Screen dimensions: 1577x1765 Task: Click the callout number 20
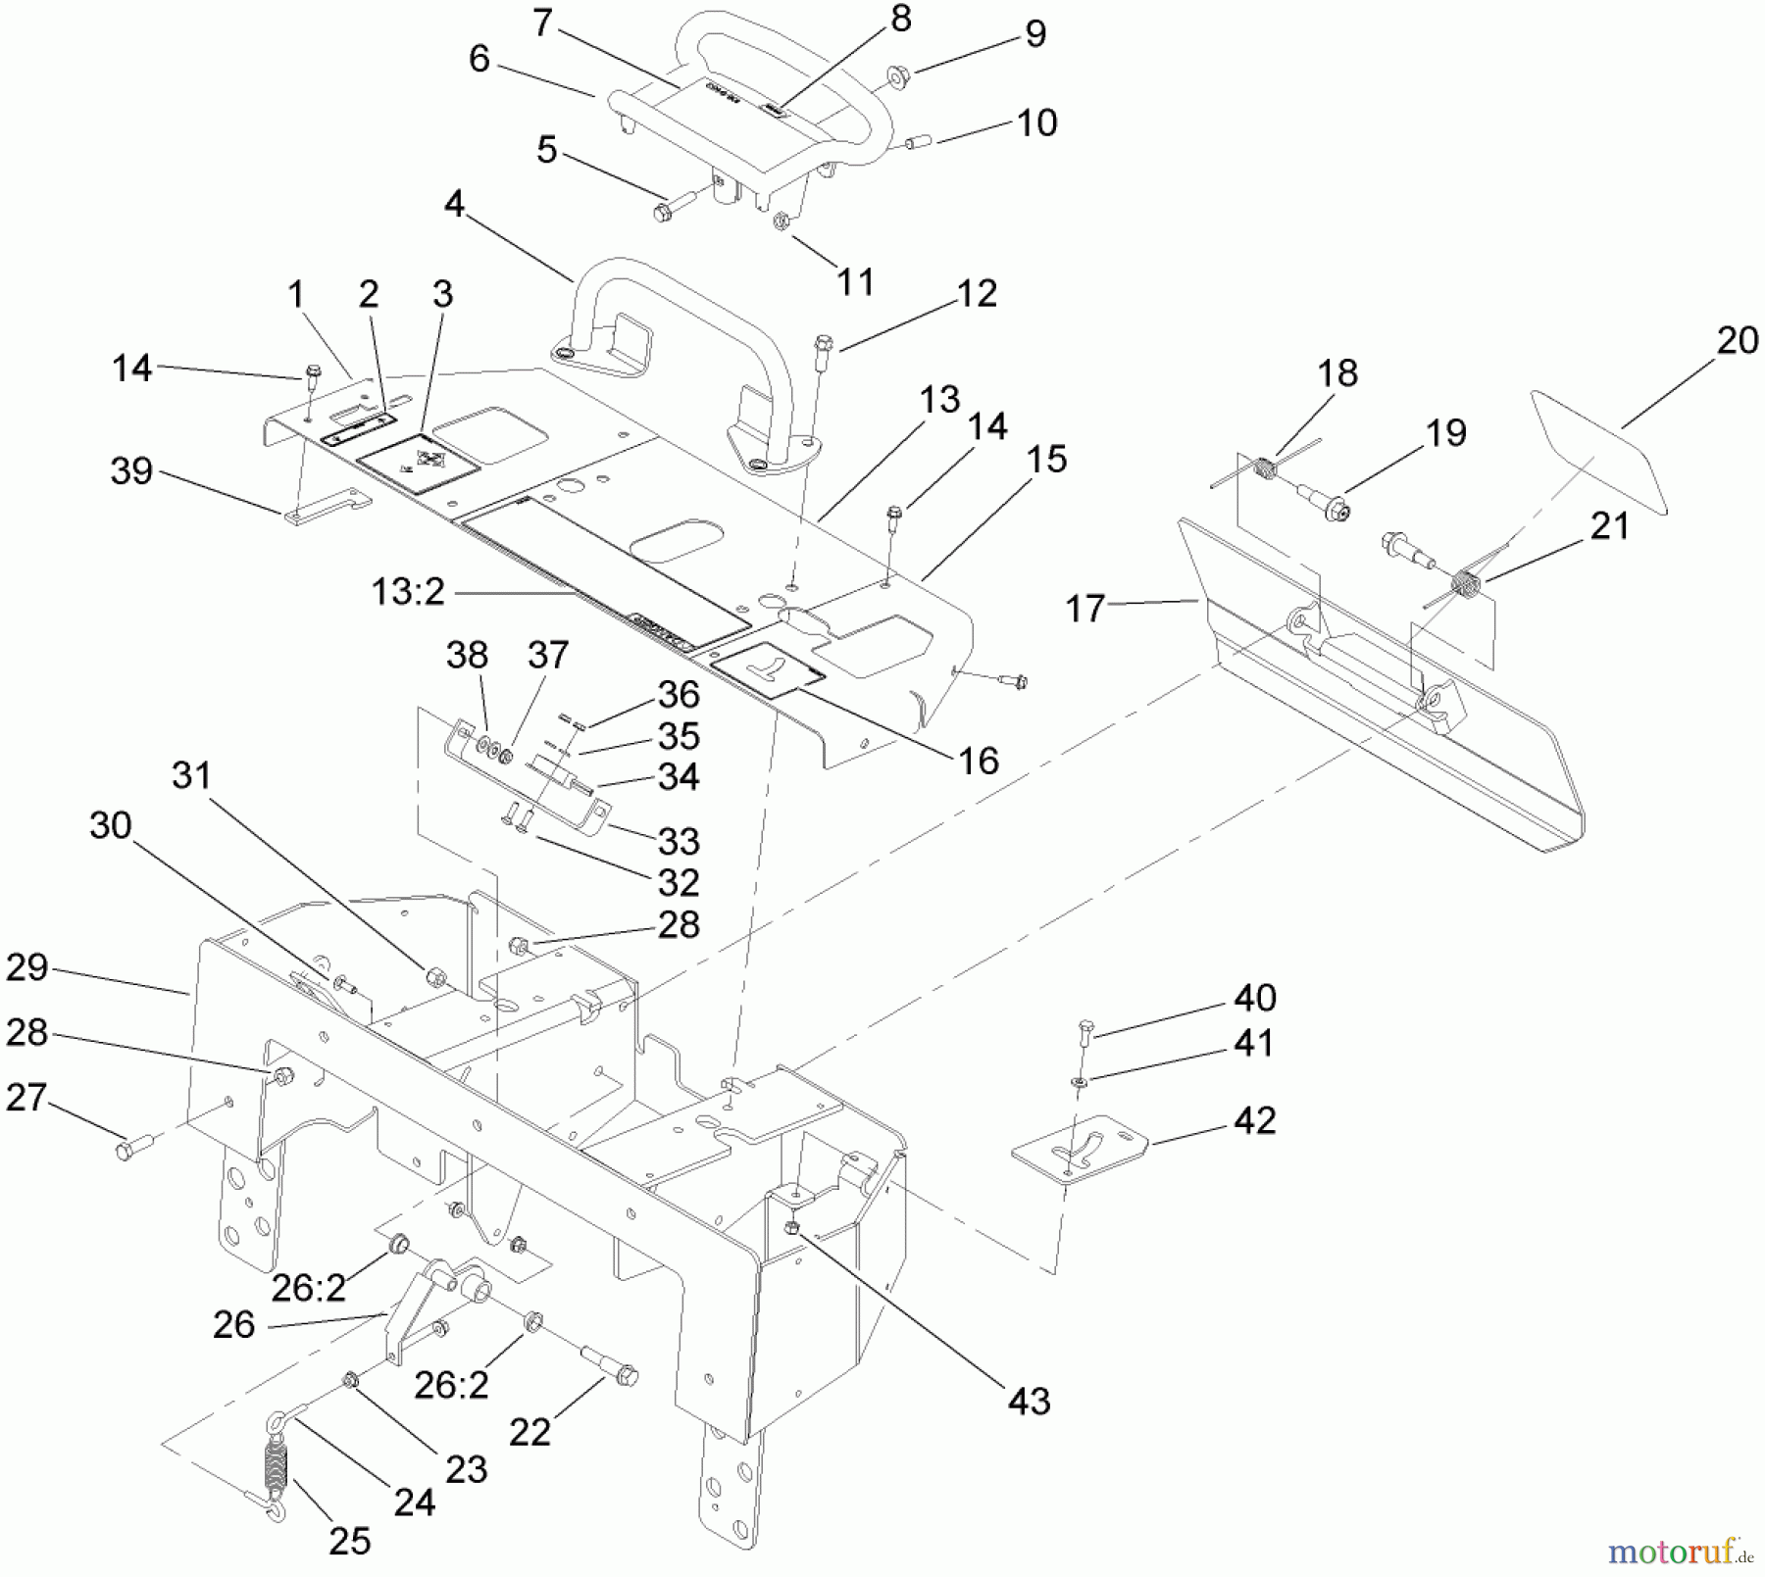coord(1738,340)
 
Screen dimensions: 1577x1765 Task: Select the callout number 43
coord(1029,1401)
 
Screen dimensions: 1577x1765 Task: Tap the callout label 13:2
coord(408,591)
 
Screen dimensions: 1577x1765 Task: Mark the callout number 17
coord(1084,609)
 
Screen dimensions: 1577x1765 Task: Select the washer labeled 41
coord(1080,1080)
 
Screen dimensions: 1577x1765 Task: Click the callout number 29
coord(26,966)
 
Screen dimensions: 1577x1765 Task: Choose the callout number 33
coord(679,840)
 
